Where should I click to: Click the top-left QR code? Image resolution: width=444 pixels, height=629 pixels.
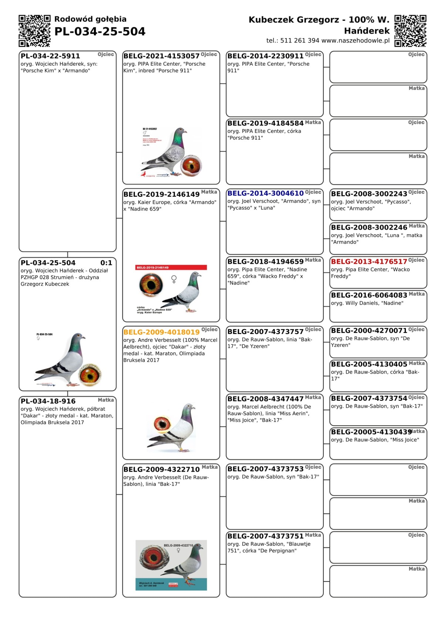coord(34,31)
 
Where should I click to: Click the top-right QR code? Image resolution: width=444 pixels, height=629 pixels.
coord(410,31)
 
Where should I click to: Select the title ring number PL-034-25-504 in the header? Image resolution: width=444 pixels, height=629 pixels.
coord(100,32)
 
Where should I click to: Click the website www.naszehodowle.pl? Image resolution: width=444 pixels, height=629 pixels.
coord(356,41)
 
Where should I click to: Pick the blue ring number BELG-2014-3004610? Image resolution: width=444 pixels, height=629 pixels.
coord(265,193)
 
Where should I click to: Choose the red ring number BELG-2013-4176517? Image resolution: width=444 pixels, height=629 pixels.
coord(369,261)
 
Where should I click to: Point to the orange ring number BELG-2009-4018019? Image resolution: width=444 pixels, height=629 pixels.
coord(161,332)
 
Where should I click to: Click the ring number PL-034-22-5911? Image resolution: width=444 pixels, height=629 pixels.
coord(50,56)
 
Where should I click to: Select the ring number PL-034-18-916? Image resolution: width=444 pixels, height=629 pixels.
coord(48,401)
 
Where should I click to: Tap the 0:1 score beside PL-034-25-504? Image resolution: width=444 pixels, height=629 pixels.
coord(106,263)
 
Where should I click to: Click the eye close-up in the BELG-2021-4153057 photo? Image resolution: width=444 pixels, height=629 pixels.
coord(191,165)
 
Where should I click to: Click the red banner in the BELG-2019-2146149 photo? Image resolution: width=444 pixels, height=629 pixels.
coord(171,267)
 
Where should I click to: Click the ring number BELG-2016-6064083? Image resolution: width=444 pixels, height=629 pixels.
coord(369,295)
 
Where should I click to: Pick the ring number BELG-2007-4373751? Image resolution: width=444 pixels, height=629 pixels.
coord(265,536)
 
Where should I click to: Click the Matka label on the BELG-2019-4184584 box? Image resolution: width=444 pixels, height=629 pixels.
coord(313,122)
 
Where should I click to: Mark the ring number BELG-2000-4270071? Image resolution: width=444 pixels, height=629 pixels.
coord(369,330)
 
